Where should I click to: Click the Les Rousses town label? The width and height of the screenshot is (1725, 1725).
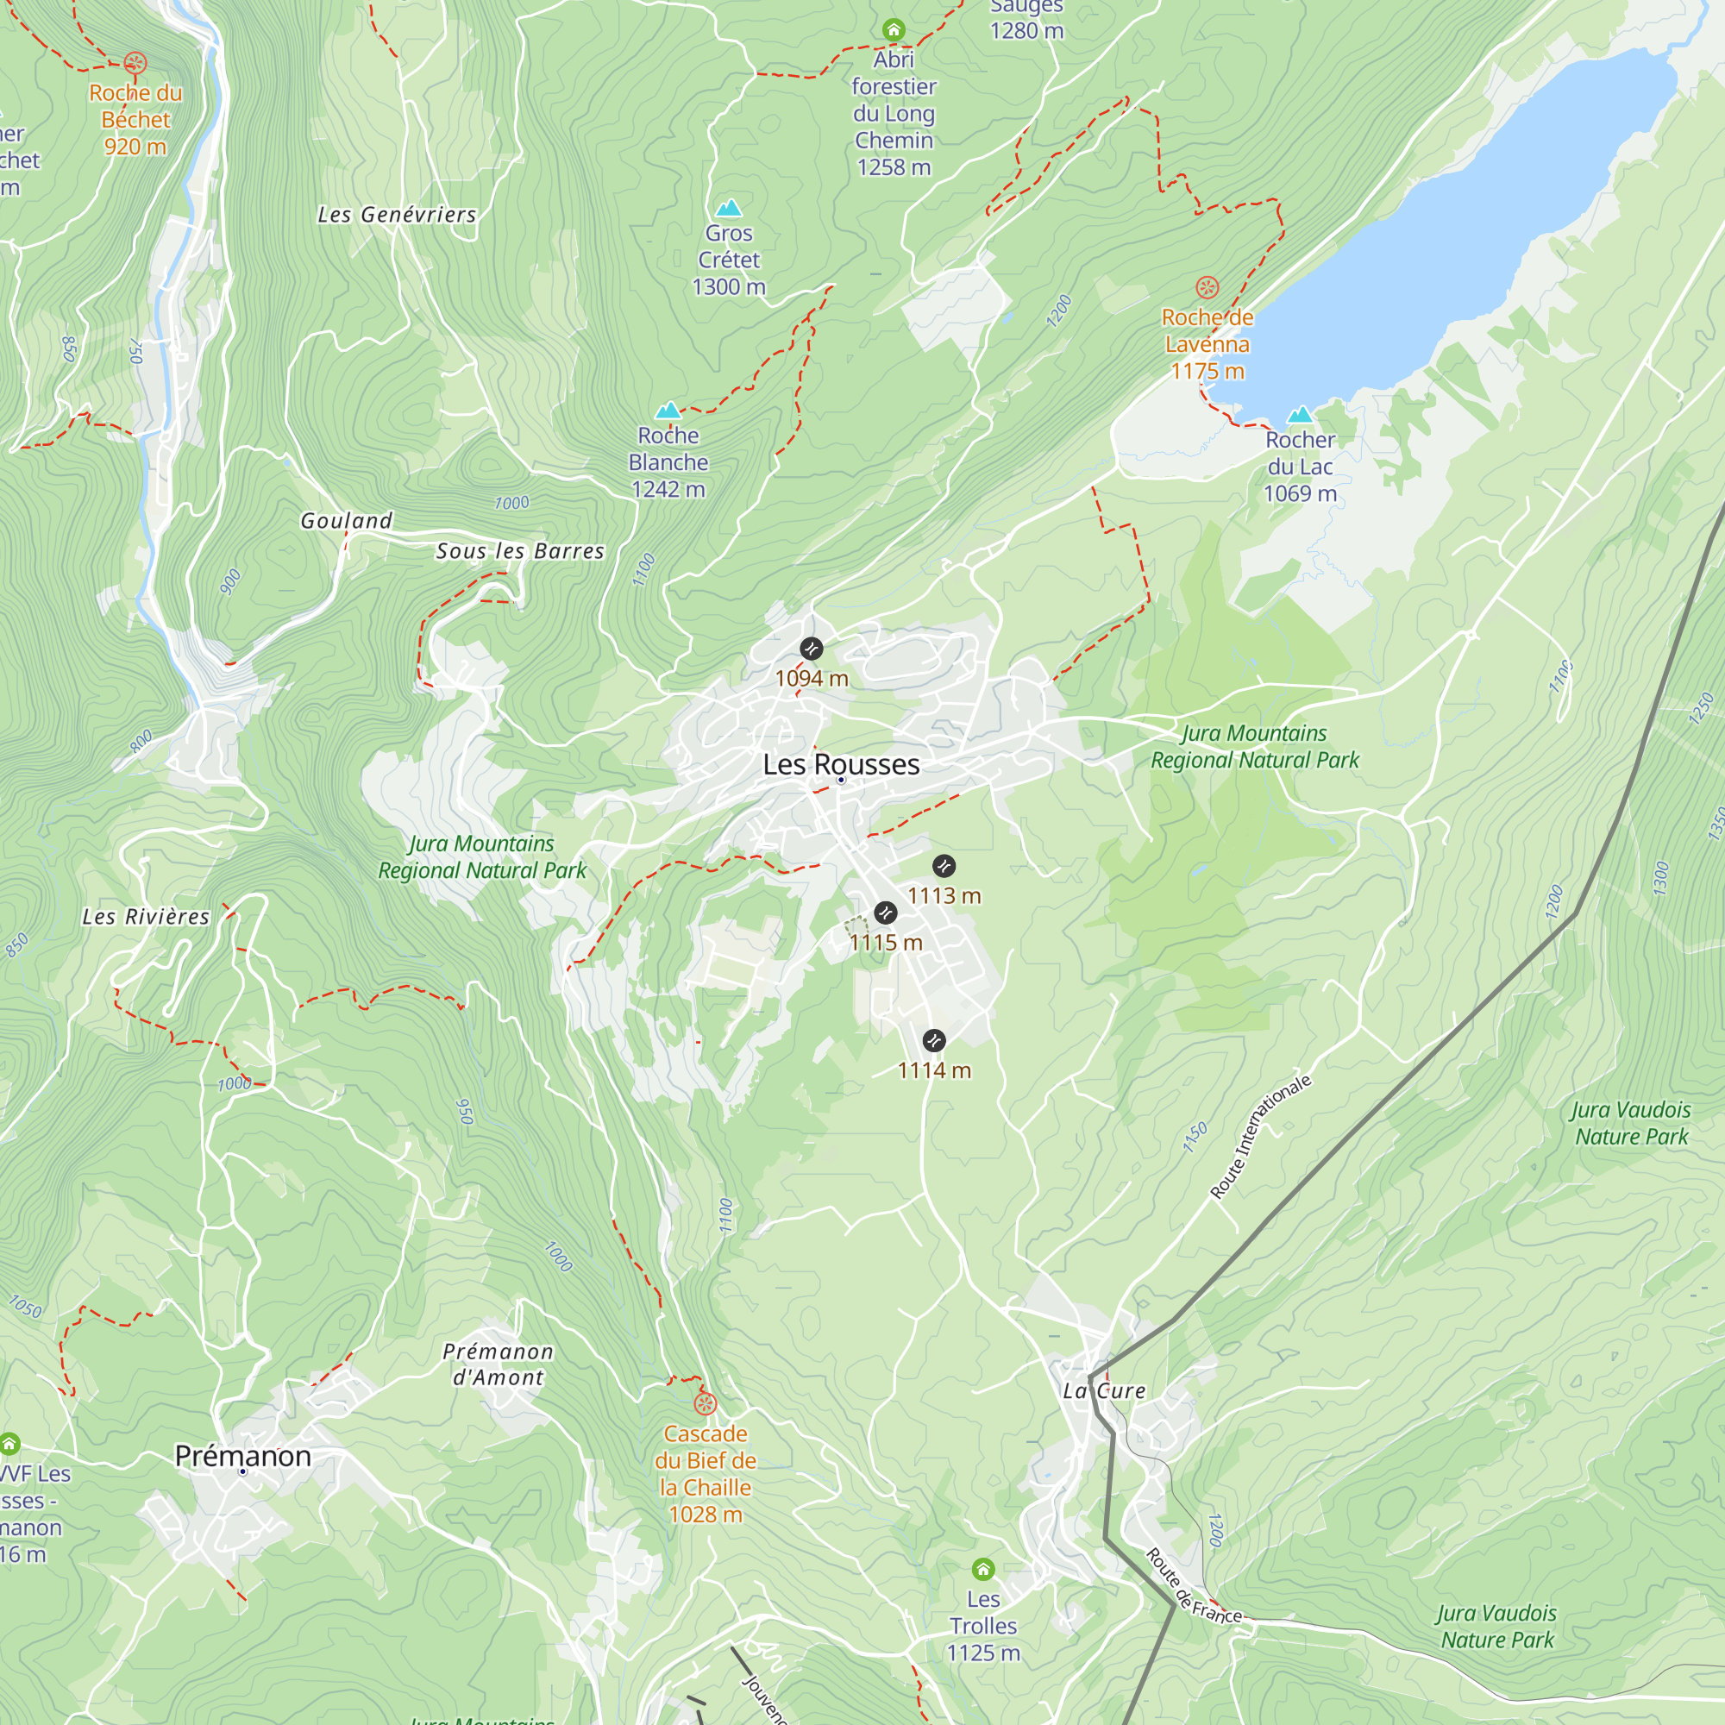[x=840, y=764]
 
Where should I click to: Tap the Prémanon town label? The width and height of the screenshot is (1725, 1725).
[x=243, y=1455]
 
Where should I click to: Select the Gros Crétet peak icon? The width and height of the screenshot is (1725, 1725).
[x=729, y=208]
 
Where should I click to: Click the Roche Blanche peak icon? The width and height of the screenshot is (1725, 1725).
[x=668, y=411]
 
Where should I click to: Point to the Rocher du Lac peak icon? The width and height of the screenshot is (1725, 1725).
[x=1299, y=414]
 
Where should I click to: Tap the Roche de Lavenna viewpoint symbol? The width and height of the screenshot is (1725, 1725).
[x=1207, y=287]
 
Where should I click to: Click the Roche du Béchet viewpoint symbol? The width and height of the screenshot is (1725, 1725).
[x=135, y=63]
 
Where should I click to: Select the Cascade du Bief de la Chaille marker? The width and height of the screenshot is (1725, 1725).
[x=706, y=1404]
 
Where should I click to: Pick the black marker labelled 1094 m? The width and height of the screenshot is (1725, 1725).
[x=811, y=649]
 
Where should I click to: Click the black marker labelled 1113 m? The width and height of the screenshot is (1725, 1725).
[x=944, y=865]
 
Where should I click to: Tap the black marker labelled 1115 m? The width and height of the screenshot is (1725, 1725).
[x=885, y=913]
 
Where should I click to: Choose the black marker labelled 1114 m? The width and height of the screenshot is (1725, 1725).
[x=934, y=1040]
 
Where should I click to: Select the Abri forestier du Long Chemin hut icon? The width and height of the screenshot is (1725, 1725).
[x=894, y=29]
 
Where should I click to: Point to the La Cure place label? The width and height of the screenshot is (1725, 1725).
[x=1104, y=1391]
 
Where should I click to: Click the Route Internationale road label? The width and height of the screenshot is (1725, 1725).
[x=1261, y=1136]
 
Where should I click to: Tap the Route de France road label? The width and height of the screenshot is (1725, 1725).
[x=1193, y=1588]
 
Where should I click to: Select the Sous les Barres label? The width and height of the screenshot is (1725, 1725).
[x=519, y=552]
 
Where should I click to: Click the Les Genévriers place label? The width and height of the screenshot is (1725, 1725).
[x=398, y=215]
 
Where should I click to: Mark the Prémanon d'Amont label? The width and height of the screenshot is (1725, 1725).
[x=499, y=1364]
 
